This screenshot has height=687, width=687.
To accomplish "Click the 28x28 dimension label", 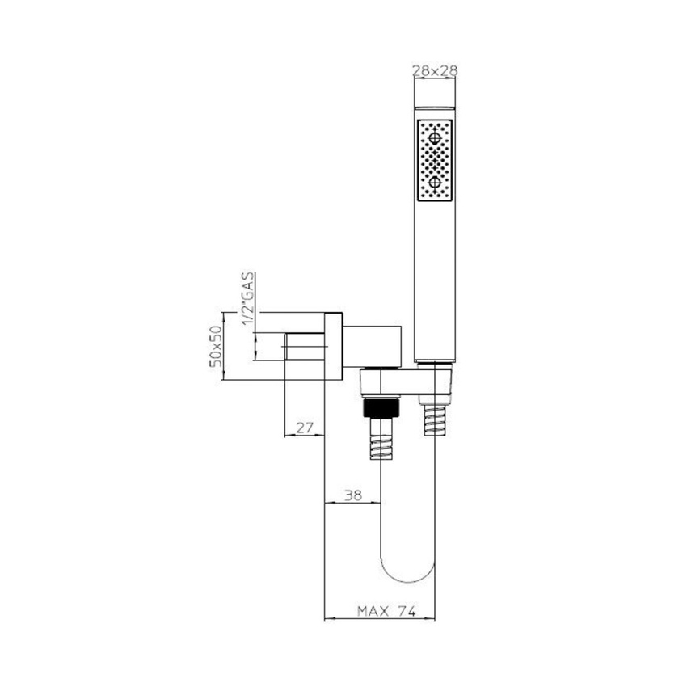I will click(435, 71).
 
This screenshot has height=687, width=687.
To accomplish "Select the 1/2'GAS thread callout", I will click(249, 299).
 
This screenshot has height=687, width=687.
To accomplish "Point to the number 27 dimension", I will click(304, 428).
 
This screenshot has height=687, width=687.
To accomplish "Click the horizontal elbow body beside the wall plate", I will click(370, 343).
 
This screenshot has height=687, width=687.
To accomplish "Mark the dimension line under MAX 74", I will click(379, 620).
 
